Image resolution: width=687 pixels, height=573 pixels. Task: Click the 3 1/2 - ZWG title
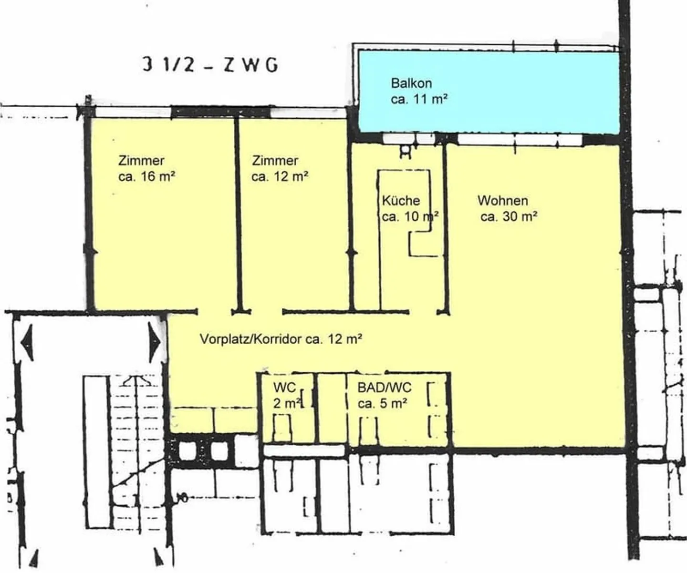tap(210, 64)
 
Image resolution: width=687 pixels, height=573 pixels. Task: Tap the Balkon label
tap(411, 83)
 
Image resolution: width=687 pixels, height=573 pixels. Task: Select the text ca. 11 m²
tap(419, 99)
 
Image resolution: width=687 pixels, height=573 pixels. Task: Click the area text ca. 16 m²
tap(146, 176)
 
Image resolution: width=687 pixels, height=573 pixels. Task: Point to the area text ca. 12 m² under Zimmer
tap(280, 176)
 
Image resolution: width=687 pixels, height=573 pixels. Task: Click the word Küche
tap(401, 201)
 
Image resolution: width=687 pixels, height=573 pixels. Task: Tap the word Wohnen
tap(503, 201)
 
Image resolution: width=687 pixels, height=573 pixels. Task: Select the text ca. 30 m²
tap(509, 217)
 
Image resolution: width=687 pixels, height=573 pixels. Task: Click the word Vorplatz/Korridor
tap(250, 339)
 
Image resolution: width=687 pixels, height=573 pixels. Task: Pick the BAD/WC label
tap(384, 388)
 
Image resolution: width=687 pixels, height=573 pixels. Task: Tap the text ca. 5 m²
tap(382, 404)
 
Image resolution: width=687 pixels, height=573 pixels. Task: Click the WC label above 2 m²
tap(284, 387)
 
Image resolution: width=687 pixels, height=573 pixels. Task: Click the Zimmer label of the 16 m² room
tap(141, 161)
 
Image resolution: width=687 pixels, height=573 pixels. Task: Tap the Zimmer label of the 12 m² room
tap(275, 161)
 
